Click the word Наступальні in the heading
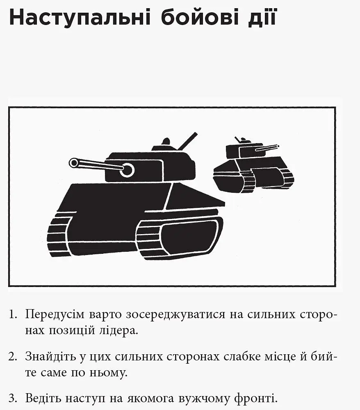(x=80, y=18)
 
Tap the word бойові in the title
(x=200, y=17)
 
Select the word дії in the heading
(x=262, y=17)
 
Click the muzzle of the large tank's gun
(x=74, y=163)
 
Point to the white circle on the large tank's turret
(x=128, y=170)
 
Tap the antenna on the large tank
(x=187, y=141)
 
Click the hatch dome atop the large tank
(x=166, y=141)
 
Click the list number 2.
(x=13, y=357)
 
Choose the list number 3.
(x=13, y=399)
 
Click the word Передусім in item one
(x=55, y=314)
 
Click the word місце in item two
(x=280, y=357)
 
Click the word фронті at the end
(x=256, y=399)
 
